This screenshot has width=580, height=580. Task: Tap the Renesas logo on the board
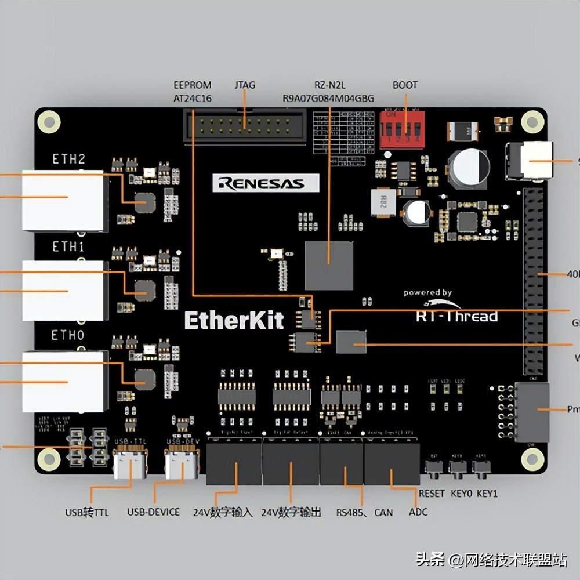(266, 183)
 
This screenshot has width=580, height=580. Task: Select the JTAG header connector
(244, 126)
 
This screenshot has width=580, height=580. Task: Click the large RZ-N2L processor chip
(329, 265)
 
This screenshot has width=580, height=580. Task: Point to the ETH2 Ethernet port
(64, 199)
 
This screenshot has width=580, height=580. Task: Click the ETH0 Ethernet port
(64, 380)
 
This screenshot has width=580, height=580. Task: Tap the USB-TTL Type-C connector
(129, 464)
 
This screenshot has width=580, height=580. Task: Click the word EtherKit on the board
(234, 320)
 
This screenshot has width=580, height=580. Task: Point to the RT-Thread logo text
(456, 316)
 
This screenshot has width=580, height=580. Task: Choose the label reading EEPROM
(193, 85)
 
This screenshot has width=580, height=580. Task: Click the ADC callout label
(418, 512)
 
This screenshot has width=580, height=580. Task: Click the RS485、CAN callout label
(364, 512)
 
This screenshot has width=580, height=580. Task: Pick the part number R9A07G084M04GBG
(328, 98)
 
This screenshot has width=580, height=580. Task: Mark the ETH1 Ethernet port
(64, 290)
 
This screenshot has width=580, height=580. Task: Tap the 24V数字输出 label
(291, 512)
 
